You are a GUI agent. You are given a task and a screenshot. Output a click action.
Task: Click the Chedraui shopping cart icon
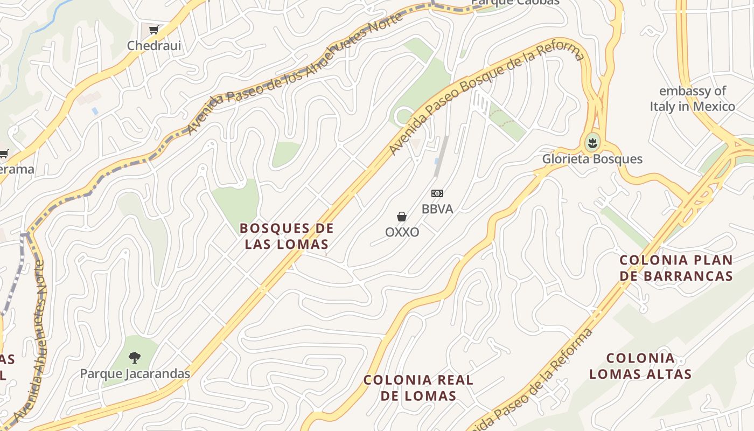click(x=153, y=30)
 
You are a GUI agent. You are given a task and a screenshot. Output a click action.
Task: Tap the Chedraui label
click(x=154, y=46)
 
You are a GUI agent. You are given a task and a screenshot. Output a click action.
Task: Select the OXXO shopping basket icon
click(x=402, y=217)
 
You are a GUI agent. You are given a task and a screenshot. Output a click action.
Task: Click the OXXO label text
click(x=402, y=232)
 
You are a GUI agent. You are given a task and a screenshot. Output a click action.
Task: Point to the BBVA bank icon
click(x=437, y=193)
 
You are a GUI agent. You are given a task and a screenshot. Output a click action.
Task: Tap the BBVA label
click(x=437, y=209)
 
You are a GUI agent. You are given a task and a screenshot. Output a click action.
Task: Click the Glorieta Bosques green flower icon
click(x=592, y=143)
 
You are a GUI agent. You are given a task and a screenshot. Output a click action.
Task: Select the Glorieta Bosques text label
click(x=592, y=159)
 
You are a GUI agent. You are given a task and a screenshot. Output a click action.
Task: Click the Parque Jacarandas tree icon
click(x=135, y=357)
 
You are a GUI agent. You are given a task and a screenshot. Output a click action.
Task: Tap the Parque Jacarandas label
click(x=135, y=373)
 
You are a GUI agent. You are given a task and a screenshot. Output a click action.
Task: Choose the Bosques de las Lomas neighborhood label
click(x=287, y=236)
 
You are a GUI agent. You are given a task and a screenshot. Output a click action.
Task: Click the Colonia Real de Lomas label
click(x=418, y=388)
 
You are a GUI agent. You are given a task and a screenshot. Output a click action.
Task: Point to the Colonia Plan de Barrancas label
click(x=676, y=268)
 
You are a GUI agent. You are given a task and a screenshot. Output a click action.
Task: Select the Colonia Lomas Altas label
click(x=640, y=366)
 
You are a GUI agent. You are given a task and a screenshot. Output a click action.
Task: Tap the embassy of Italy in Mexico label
click(x=692, y=99)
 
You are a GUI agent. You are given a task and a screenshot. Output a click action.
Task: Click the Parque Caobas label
click(x=515, y=2)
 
